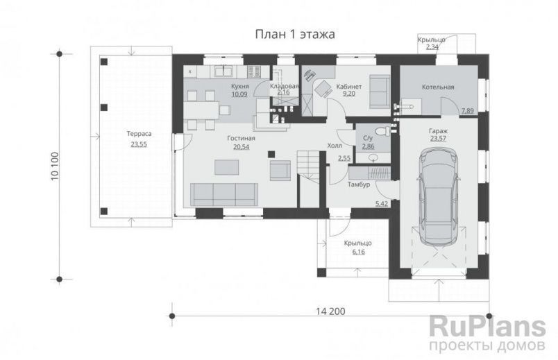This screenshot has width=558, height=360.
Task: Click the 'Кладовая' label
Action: click(x=284, y=86)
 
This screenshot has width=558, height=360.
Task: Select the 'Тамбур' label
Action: click(x=358, y=185)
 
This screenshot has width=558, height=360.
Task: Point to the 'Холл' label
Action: click(x=334, y=146)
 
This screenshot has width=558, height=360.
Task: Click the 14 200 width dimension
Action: click(x=328, y=310)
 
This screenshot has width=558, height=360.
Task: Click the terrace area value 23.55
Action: click(x=139, y=144)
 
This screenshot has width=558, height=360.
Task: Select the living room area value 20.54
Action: click(x=241, y=147)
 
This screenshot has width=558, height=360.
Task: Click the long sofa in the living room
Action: click(x=222, y=194)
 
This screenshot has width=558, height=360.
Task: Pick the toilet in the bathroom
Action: click(x=379, y=131)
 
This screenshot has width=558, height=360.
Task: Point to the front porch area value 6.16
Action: click(x=359, y=252)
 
